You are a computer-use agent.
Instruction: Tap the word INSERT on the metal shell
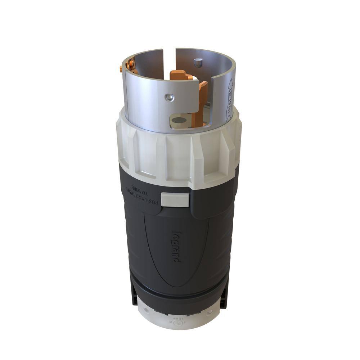tap(229, 105)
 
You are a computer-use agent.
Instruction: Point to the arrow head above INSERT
tap(230, 83)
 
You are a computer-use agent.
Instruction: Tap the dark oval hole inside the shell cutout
tap(179, 120)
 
